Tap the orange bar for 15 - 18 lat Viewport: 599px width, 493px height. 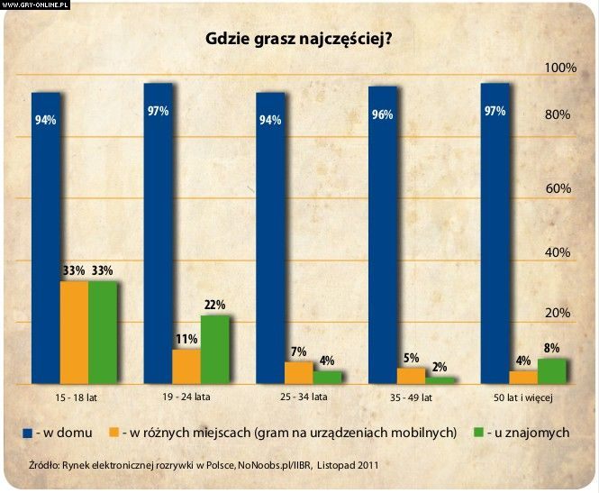(74, 333)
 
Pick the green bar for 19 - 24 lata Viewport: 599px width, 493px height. (214, 350)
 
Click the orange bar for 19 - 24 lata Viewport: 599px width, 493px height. (186, 366)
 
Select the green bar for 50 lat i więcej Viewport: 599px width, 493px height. (551, 370)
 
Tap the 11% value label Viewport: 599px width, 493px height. (186, 339)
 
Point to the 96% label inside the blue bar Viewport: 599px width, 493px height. (382, 115)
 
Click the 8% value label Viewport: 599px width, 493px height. (551, 348)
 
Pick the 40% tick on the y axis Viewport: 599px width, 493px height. (559, 252)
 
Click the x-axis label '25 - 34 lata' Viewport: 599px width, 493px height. (298, 397)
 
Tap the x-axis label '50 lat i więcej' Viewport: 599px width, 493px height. (522, 397)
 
